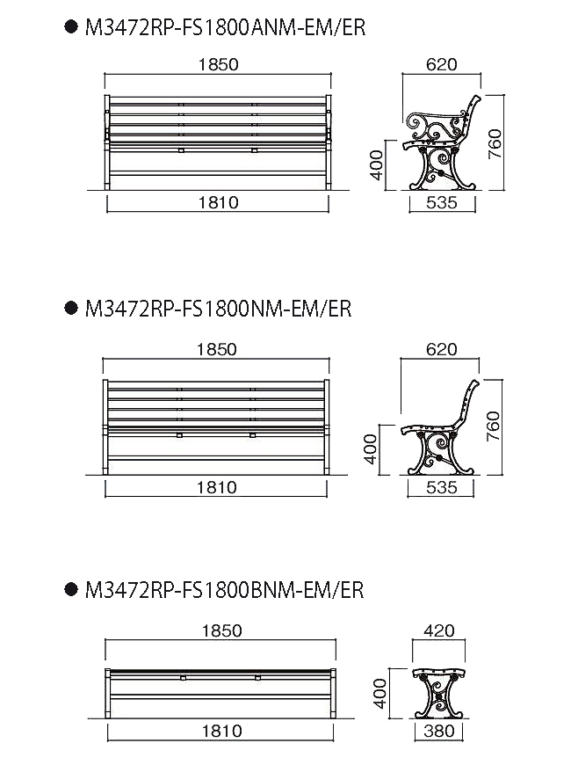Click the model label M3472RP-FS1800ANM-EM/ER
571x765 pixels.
click(x=225, y=27)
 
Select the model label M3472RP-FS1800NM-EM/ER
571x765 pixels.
click(x=218, y=309)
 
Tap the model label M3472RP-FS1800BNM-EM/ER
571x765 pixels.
click(x=224, y=590)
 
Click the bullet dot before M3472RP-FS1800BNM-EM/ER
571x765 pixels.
click(x=71, y=589)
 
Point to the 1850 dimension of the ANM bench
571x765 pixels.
click(x=218, y=64)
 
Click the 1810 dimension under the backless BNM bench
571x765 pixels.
click(x=221, y=731)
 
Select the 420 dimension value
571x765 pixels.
click(x=439, y=630)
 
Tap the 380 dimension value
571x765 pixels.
click(x=439, y=731)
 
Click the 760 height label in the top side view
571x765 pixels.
click(x=495, y=143)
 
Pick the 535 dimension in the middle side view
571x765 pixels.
click(x=441, y=487)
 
